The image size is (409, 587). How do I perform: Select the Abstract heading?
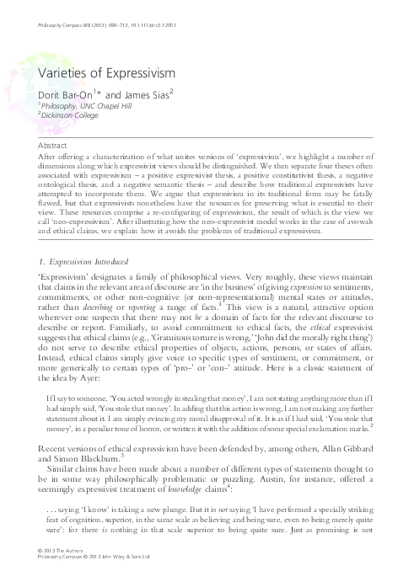[54, 145]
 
